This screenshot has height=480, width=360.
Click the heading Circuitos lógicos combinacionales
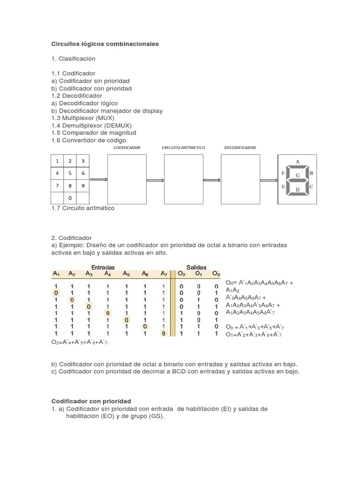click(x=105, y=44)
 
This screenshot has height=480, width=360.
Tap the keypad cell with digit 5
click(x=70, y=173)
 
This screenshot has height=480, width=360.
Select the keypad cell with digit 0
click(x=70, y=198)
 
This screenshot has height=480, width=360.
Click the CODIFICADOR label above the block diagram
click(x=127, y=147)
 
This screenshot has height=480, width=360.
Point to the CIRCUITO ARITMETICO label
click(x=183, y=147)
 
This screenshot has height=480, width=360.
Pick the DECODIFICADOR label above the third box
click(x=240, y=147)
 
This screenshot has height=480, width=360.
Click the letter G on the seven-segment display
click(x=297, y=174)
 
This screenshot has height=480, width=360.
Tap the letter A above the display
click(x=297, y=161)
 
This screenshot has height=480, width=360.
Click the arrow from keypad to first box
click(x=98, y=180)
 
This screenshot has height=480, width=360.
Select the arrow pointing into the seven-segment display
click(x=269, y=180)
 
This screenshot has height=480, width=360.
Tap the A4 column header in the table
click(x=107, y=273)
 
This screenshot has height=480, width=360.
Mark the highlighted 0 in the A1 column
click(x=56, y=293)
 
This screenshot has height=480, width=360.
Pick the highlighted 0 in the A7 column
click(x=164, y=333)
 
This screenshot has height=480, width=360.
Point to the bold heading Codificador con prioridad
click(x=91, y=401)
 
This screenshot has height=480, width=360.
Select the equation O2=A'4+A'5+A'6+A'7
click(x=82, y=342)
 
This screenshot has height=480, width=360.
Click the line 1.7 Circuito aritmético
click(x=82, y=208)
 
